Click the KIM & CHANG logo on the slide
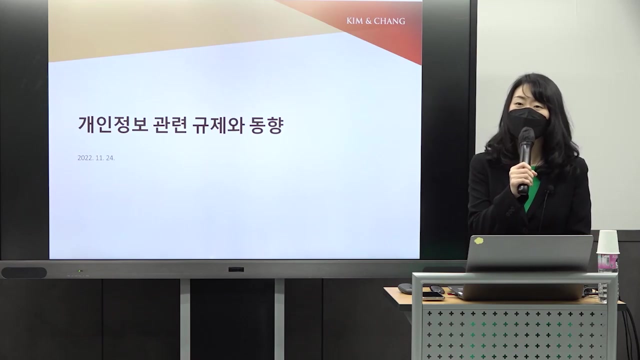coord(375,21)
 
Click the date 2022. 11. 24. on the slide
coord(96,158)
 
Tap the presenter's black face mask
coord(527,121)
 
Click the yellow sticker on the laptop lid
coord(478,240)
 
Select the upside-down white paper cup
coord(607,242)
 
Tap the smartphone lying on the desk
coord(433,295)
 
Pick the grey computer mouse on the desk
coord(405,288)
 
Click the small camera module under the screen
coord(236,269)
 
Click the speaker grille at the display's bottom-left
coord(24,272)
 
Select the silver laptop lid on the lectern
coord(529,253)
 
